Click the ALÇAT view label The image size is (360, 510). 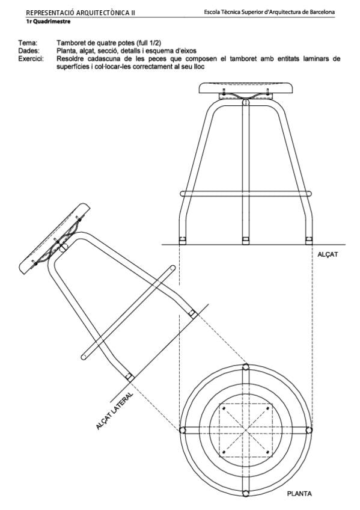click(x=328, y=254)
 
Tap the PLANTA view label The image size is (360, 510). click(x=299, y=503)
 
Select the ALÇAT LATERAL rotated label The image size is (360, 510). click(x=115, y=411)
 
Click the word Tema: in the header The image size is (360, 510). click(x=28, y=43)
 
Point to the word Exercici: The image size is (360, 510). click(x=31, y=59)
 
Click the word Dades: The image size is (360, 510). click(x=29, y=51)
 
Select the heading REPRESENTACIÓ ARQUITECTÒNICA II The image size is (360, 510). click(x=81, y=13)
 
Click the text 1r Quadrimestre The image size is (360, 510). click(x=48, y=22)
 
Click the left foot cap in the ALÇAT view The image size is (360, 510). click(x=183, y=241)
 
